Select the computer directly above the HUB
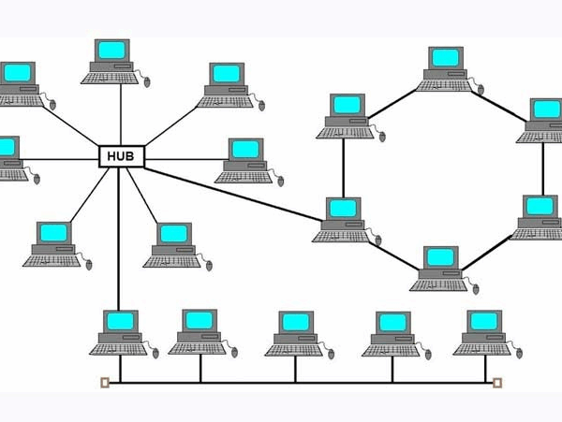point(113,59)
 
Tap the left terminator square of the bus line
point(104,382)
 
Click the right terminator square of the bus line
point(497,382)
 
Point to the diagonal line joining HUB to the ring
point(234,193)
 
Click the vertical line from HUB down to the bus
point(119,243)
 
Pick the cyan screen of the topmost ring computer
point(445,57)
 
